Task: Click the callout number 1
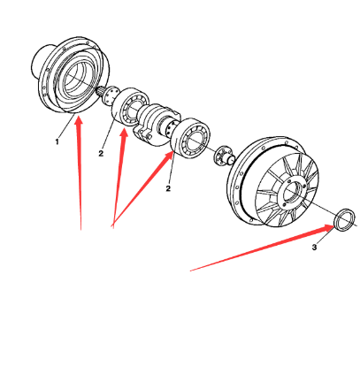(57, 141)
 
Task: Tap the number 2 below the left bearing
(101, 153)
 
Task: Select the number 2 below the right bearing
(168, 188)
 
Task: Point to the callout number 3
(314, 248)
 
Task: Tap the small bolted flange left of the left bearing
(110, 95)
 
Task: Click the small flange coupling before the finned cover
(225, 155)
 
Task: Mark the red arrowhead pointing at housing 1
(78, 120)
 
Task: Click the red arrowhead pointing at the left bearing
(124, 133)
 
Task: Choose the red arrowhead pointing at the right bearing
(170, 156)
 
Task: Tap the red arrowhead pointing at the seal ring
(329, 228)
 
